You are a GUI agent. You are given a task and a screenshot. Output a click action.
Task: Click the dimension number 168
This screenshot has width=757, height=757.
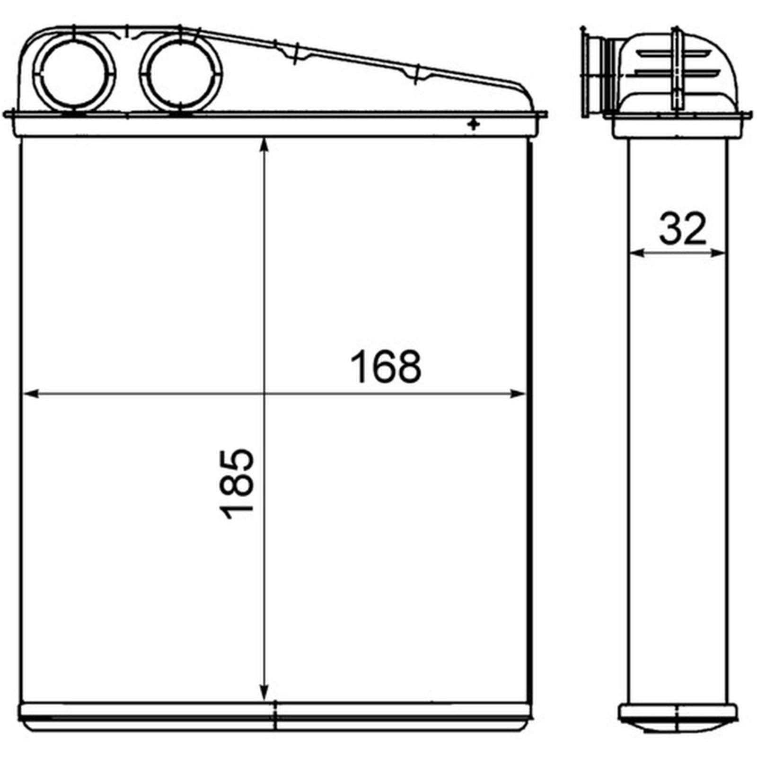pos(385,367)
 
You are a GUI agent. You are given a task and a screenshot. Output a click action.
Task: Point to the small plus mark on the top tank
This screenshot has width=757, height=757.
pos(473,124)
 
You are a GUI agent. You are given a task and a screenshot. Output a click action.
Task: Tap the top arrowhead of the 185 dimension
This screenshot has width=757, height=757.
pos(264,144)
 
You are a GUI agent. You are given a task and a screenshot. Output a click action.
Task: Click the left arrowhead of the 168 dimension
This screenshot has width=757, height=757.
pos(30,394)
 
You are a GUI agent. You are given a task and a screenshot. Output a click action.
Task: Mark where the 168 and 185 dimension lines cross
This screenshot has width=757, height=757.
pos(264,394)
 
